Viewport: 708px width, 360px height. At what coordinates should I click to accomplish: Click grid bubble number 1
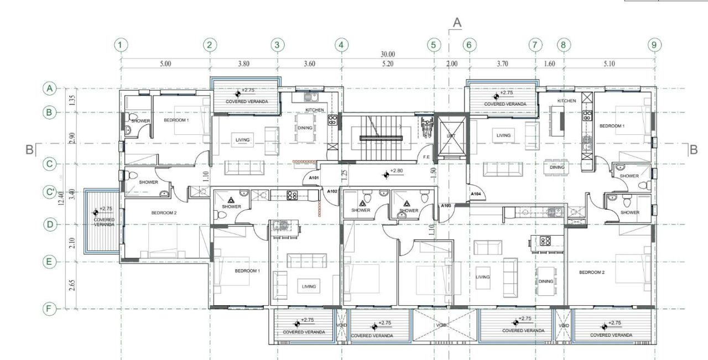121,45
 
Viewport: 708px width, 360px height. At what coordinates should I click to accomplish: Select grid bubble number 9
654,45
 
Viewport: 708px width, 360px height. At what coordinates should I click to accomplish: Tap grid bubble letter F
50,309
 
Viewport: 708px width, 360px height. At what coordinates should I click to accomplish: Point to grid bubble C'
50,193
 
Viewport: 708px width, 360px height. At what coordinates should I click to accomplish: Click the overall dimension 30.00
387,54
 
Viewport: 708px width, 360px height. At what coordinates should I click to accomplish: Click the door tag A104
476,194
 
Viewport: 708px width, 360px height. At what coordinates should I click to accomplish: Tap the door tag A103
446,206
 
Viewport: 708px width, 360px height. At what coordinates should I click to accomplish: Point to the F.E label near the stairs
426,157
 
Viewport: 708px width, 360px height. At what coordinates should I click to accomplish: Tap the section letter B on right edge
693,149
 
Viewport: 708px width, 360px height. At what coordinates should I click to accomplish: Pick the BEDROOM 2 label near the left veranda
164,213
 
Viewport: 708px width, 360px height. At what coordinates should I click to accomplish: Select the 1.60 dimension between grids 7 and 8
549,64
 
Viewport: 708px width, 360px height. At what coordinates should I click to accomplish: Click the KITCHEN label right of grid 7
566,101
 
